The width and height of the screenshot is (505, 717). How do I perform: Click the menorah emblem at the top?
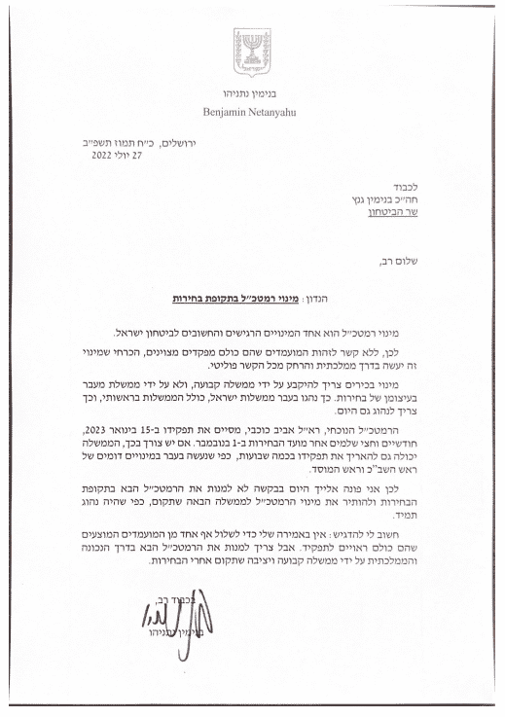(x=251, y=46)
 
